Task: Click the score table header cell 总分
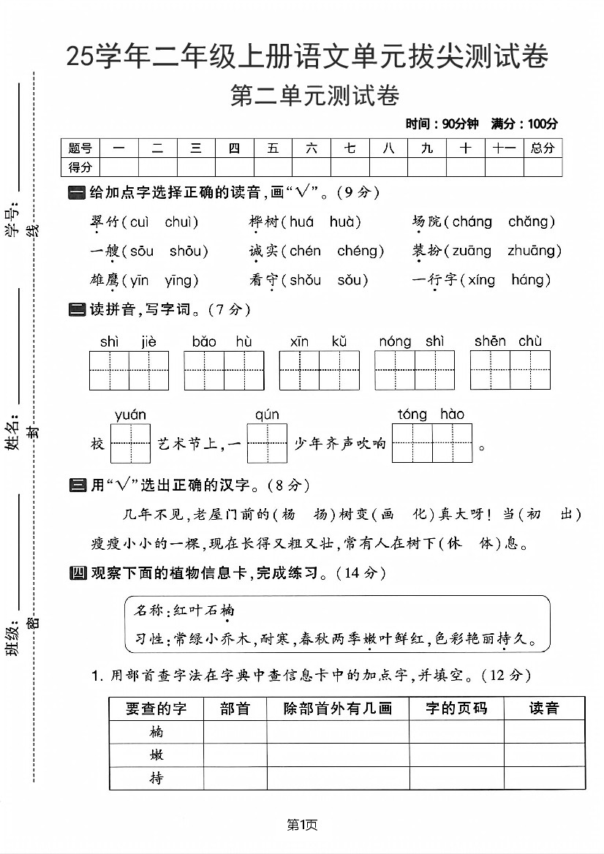pos(543,148)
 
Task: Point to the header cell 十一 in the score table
pos(504,148)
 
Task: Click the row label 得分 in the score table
pos(80,167)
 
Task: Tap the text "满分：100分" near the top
pos(524,124)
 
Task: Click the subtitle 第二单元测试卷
pos(315,96)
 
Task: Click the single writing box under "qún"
pos(267,443)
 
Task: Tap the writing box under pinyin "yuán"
pos(130,443)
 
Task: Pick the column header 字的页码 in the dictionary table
pos(456,708)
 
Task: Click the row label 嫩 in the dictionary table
pos(156,755)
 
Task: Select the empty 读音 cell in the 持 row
pos(544,778)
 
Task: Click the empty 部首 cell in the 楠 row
pos(235,732)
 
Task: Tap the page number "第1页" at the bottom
pos(302,825)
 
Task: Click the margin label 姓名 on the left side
pos(12,436)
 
